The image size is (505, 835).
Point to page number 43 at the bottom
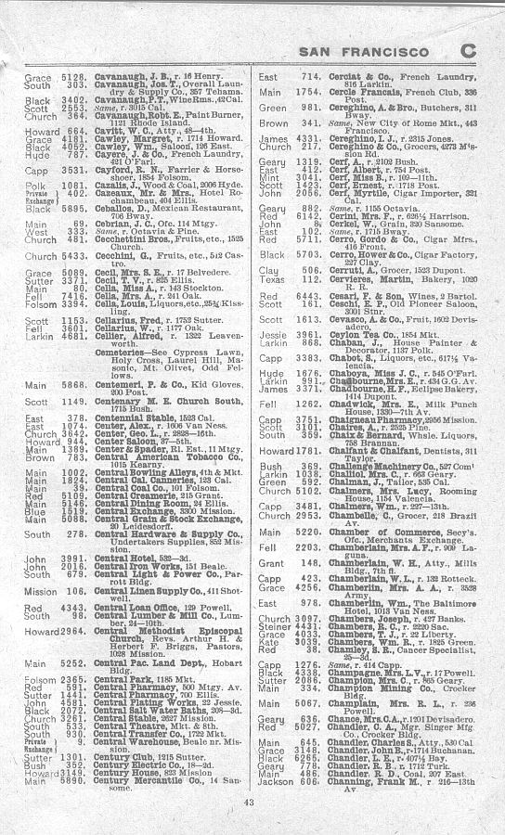coord(249,802)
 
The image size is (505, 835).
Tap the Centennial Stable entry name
coord(118,418)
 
